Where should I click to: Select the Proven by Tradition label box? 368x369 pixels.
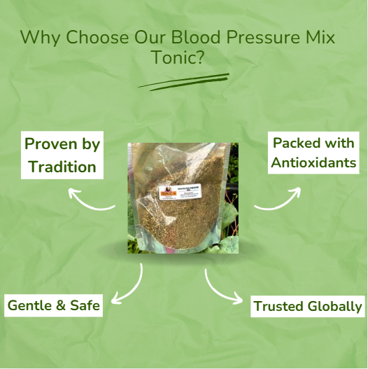(x=62, y=155)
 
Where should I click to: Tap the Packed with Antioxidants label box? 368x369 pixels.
(x=314, y=153)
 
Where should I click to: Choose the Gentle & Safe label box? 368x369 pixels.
(x=54, y=305)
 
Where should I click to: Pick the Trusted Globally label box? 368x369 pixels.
(x=307, y=306)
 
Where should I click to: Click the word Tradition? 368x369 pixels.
(x=62, y=167)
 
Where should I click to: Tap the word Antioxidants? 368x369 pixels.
(x=314, y=164)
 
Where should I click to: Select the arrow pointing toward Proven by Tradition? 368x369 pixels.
(x=91, y=202)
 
